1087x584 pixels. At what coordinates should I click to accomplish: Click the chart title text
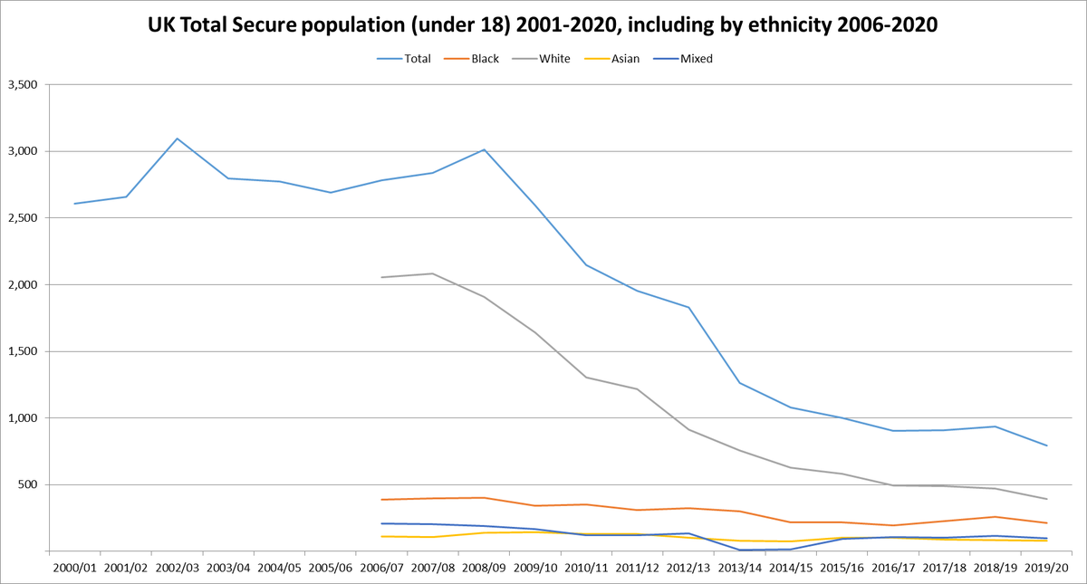(x=543, y=27)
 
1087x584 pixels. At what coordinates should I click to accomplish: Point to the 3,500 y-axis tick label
(x=24, y=85)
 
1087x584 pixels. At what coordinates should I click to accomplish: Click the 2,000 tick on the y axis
(x=24, y=285)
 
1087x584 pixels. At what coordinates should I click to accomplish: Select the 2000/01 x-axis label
(x=74, y=568)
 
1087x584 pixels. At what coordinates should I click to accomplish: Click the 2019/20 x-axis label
(x=1047, y=568)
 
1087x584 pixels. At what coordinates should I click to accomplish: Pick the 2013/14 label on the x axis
(x=740, y=568)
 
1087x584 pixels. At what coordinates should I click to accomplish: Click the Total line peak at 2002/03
(x=177, y=139)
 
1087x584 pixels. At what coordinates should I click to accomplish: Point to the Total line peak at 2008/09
(x=484, y=149)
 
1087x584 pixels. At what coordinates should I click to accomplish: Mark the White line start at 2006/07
(x=382, y=277)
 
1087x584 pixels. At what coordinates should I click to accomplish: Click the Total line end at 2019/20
(x=1047, y=445)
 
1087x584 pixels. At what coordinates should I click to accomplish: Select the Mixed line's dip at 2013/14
(x=740, y=550)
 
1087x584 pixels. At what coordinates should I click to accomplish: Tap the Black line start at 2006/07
(x=382, y=500)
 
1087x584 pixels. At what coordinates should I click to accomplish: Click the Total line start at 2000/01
(x=74, y=204)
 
